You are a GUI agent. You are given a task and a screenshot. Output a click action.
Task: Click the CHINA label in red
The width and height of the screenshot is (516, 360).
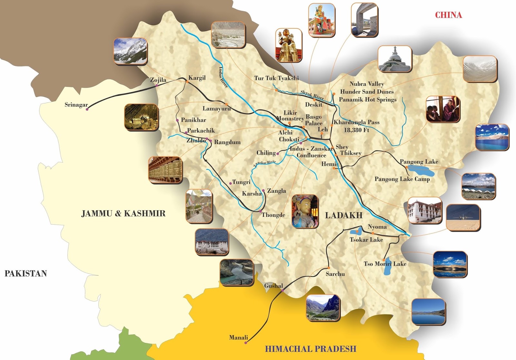448,15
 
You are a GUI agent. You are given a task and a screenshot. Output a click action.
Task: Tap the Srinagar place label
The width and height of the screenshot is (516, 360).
76,105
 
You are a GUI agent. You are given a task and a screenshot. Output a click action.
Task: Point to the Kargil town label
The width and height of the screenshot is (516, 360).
197,78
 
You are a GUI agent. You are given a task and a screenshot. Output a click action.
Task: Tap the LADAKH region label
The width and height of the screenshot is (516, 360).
344,215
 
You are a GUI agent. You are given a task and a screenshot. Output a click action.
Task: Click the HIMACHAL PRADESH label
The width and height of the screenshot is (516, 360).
310,349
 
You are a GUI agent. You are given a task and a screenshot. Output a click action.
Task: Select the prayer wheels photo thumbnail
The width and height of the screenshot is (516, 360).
165,170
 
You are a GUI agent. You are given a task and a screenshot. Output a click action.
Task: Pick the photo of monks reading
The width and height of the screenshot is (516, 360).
442,109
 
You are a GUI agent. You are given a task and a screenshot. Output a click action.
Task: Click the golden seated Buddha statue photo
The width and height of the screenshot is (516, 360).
289,45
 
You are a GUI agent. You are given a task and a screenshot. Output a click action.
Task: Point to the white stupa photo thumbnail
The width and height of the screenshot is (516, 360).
395,59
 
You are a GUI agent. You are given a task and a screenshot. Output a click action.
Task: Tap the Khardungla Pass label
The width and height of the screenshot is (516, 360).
356,122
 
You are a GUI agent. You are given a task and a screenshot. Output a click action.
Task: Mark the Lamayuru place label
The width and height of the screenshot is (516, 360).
216,109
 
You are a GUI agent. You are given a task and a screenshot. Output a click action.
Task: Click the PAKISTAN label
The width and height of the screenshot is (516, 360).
26,274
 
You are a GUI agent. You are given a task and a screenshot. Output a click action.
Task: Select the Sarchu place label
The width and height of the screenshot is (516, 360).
335,274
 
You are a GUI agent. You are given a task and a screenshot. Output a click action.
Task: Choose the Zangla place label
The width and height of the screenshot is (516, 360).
276,191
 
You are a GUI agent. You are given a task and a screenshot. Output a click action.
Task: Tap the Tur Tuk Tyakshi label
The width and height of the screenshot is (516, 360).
276,78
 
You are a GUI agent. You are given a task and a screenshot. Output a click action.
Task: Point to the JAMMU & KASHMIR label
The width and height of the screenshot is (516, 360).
123,214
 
